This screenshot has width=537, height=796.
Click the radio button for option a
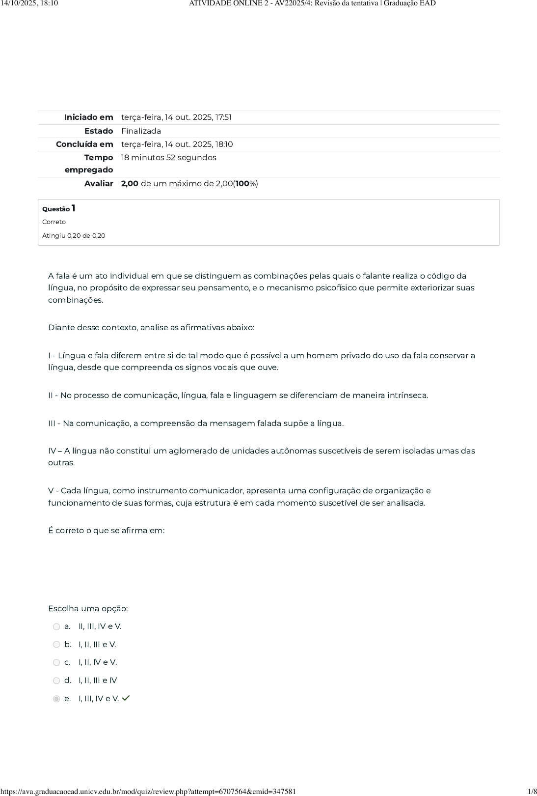tap(56, 626)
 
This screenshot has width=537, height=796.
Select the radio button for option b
tap(56, 644)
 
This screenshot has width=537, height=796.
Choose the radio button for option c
tap(56, 662)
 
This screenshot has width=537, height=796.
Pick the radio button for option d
tap(56, 681)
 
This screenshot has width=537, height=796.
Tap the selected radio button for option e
tap(56, 699)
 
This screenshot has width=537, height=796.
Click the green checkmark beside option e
tap(126, 698)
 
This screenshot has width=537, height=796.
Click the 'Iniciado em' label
tap(88, 117)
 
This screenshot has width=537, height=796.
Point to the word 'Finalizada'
tap(141, 131)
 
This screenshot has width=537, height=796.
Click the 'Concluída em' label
tap(84, 144)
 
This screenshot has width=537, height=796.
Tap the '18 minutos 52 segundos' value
tap(168, 157)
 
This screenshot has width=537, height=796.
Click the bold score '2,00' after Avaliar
tap(130, 183)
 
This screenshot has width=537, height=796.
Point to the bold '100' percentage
tap(242, 183)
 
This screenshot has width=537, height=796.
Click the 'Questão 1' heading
tap(58, 208)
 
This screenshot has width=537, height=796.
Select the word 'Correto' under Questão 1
tap(54, 222)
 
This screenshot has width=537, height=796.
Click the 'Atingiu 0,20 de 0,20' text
tap(74, 236)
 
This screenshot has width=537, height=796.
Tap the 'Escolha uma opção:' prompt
tap(88, 608)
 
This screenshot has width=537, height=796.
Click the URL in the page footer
tap(148, 791)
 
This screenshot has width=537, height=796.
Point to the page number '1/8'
tap(532, 791)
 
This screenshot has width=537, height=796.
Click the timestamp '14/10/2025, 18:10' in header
tap(29, 3)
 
